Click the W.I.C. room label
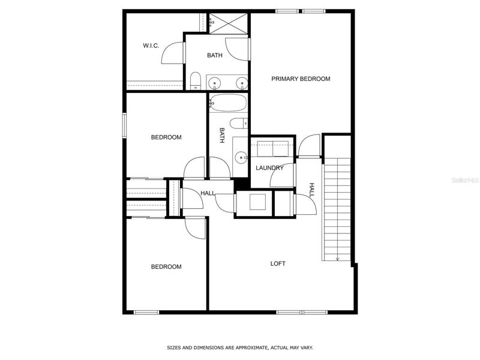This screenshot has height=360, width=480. click(151, 46)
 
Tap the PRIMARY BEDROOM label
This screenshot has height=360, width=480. click(301, 79)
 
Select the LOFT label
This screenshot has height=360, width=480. click(278, 263)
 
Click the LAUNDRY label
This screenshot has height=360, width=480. click(269, 168)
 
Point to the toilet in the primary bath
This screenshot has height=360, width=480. click(195, 80)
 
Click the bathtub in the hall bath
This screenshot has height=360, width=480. click(228, 103)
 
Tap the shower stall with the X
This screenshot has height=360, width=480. click(229, 23)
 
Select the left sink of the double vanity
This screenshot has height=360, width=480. click(215, 83)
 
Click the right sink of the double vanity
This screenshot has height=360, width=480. click(242, 83)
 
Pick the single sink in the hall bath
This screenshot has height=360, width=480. click(241, 158)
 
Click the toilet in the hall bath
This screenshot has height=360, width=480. click(238, 124)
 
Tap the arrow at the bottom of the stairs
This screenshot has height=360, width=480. click(337, 259)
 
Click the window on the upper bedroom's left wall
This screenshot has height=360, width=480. click(124, 125)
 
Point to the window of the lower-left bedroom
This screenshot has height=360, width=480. click(146, 312)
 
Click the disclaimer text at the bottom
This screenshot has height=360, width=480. click(240, 348)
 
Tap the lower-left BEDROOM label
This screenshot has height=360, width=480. click(166, 266)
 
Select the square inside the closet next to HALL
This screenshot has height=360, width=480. click(257, 202)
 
